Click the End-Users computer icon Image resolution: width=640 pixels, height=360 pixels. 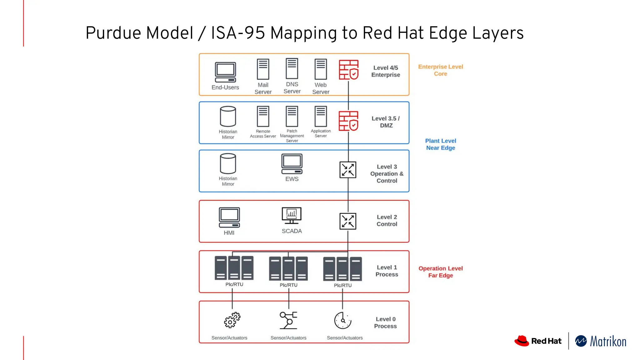pyautogui.click(x=225, y=72)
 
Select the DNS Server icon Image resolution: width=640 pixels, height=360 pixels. pyautogui.click(x=292, y=69)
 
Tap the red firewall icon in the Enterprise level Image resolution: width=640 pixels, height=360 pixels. pyautogui.click(x=348, y=70)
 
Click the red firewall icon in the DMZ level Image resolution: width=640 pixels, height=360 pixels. pyautogui.click(x=348, y=121)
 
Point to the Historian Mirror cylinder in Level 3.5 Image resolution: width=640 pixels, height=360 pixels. pyautogui.click(x=228, y=116)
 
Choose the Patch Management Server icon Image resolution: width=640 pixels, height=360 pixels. pyautogui.click(x=292, y=116)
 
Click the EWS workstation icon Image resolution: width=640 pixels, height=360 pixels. pyautogui.click(x=292, y=164)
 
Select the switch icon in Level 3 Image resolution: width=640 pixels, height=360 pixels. pyautogui.click(x=348, y=170)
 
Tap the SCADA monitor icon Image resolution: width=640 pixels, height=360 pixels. pyautogui.click(x=292, y=215)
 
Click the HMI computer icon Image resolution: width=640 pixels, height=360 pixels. pyautogui.click(x=229, y=217)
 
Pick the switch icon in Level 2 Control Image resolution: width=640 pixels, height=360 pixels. pyautogui.click(x=348, y=221)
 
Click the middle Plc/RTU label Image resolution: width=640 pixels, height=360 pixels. pyautogui.click(x=288, y=285)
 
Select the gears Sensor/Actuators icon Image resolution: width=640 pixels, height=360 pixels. pyautogui.click(x=232, y=320)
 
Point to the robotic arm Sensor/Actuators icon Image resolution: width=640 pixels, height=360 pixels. pyautogui.click(x=288, y=320)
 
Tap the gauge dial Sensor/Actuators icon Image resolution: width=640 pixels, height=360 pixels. pyautogui.click(x=343, y=320)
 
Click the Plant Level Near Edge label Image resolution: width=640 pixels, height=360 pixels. pyautogui.click(x=441, y=144)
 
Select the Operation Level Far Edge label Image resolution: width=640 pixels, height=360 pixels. pyautogui.click(x=441, y=272)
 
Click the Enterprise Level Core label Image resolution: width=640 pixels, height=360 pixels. pyautogui.click(x=441, y=70)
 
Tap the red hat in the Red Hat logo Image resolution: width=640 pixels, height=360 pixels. pyautogui.click(x=522, y=341)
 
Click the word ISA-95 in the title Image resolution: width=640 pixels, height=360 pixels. pyautogui.click(x=238, y=33)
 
